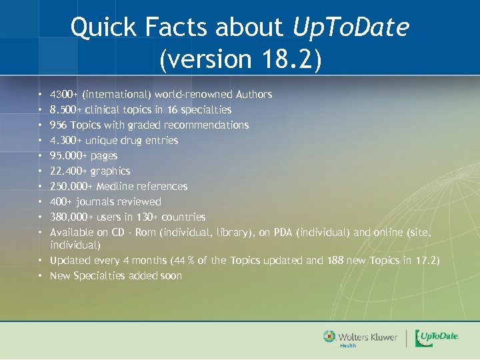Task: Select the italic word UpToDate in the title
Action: point(351,27)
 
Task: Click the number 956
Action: point(59,125)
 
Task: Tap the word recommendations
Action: point(206,125)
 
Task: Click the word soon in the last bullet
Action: point(170,276)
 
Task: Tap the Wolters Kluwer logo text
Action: point(367,337)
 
